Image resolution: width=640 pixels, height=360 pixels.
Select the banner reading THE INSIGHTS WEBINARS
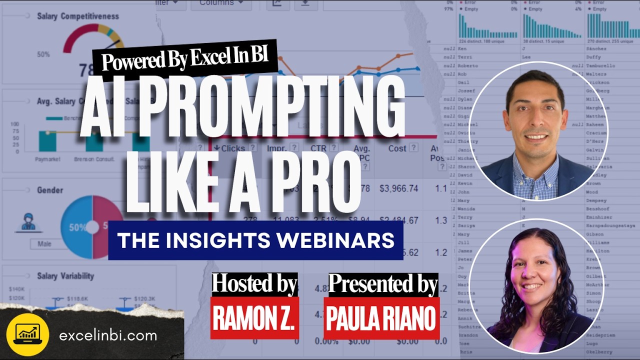point(255,240)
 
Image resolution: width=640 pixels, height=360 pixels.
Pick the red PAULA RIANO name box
point(382,318)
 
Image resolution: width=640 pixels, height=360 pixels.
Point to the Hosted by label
point(254,284)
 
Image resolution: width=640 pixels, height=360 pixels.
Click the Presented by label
point(383,284)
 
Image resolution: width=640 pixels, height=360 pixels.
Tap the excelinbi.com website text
point(108,335)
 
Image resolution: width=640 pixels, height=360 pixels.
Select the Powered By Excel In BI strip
point(184,60)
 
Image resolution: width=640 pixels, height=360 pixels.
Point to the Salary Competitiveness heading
point(78,16)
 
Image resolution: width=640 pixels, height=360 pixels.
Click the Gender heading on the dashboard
point(50,190)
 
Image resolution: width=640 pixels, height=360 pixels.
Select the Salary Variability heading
point(65,276)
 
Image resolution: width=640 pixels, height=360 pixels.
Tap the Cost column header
point(397,148)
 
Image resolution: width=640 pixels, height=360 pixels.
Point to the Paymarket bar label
point(48,159)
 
